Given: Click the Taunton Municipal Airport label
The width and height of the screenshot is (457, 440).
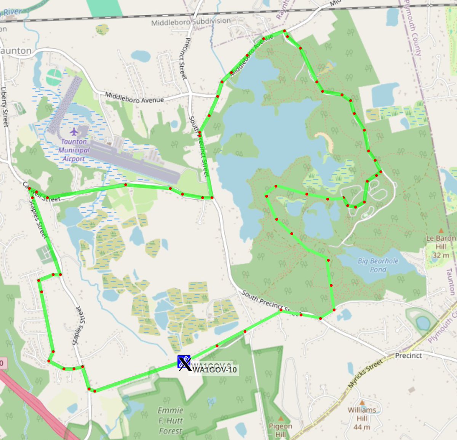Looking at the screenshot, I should pyautogui.click(x=74, y=150).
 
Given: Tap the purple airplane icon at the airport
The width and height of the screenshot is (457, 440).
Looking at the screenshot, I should pyautogui.click(x=74, y=132).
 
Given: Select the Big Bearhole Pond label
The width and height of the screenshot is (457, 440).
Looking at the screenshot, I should pyautogui.click(x=378, y=265).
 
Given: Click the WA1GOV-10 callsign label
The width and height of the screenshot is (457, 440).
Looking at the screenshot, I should pyautogui.click(x=214, y=370).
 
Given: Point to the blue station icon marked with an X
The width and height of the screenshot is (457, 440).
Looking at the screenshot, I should pyautogui.click(x=184, y=362).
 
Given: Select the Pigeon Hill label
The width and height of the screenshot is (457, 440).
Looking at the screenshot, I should pyautogui.click(x=280, y=430).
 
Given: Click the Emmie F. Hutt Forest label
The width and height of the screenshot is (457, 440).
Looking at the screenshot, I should pyautogui.click(x=171, y=421).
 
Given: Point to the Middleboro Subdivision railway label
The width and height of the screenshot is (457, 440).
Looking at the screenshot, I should pyautogui.click(x=191, y=22).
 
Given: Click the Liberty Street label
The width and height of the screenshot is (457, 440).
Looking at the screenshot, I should pyautogui.click(x=5, y=106).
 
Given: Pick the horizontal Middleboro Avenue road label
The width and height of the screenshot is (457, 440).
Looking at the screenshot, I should pyautogui.click(x=134, y=98).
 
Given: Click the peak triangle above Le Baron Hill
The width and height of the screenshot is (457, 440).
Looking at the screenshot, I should pyautogui.click(x=441, y=231).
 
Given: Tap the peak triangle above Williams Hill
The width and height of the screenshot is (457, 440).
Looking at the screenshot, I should pyautogui.click(x=362, y=402).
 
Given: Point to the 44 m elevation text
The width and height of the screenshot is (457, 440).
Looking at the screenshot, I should pyautogui.click(x=362, y=427).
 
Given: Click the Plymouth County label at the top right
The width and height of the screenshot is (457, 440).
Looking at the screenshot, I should pyautogui.click(x=412, y=29).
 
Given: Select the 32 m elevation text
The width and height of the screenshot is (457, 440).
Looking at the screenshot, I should pyautogui.click(x=441, y=255).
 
